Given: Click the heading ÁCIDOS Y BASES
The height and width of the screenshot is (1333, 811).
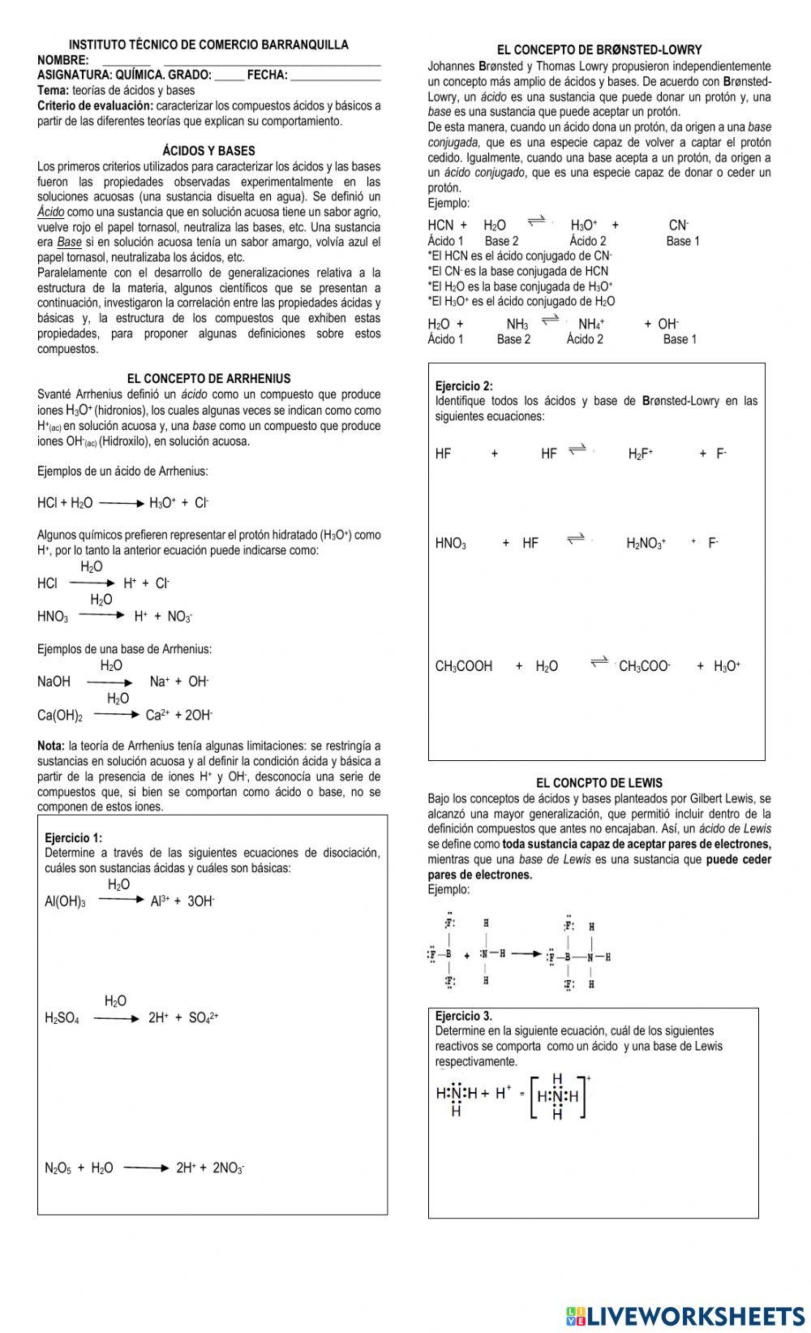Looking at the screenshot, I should click(x=208, y=151).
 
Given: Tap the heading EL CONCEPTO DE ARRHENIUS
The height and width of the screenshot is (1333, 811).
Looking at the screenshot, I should click(x=208, y=379).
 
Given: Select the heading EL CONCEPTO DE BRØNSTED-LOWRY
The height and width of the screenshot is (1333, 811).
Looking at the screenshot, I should click(x=599, y=50).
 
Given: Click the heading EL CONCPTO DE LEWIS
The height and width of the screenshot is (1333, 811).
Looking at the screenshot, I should click(x=599, y=783).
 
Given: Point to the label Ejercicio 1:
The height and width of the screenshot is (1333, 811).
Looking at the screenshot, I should click(x=74, y=838).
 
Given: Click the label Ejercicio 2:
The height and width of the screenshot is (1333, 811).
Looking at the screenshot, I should click(x=464, y=386).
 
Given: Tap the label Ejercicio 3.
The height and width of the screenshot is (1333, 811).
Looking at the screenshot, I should click(x=463, y=1016).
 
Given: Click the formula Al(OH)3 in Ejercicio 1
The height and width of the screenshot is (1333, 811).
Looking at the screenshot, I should click(x=65, y=901).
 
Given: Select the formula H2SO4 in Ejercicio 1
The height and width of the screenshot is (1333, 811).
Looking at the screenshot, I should click(x=62, y=1018).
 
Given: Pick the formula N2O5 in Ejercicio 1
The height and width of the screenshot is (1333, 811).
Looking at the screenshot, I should click(x=58, y=1168).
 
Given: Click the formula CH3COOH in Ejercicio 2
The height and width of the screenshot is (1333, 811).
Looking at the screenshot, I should click(x=464, y=667).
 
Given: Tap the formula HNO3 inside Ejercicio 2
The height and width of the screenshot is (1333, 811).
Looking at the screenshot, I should click(x=451, y=544).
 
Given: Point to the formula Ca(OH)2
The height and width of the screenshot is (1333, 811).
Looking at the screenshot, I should click(x=60, y=716).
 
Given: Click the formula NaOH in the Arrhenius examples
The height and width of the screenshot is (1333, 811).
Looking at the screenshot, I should click(x=54, y=682).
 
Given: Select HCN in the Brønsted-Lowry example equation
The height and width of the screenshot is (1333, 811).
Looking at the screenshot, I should click(x=440, y=226).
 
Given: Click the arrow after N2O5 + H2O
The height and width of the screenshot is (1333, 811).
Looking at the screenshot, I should click(x=147, y=1168).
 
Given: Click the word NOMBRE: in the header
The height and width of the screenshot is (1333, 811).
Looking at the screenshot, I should click(x=62, y=61).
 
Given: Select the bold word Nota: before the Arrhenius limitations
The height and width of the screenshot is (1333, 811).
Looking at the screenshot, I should click(x=51, y=746).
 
